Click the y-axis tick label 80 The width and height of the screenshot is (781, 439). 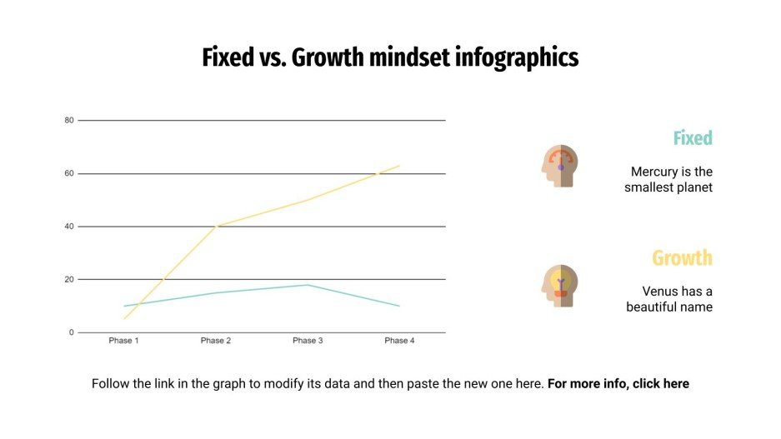(x=69, y=121)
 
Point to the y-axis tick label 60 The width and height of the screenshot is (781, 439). (x=69, y=174)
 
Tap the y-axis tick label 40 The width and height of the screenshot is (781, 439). (x=69, y=227)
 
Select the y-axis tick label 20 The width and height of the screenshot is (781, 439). (x=69, y=280)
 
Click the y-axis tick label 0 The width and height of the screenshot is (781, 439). (x=72, y=332)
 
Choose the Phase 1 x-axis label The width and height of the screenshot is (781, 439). (x=124, y=341)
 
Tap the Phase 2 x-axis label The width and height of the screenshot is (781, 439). (x=216, y=341)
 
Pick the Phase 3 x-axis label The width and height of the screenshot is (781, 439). (x=308, y=341)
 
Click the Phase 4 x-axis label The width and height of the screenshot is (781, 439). (x=399, y=341)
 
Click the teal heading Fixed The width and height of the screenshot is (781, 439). (x=693, y=138)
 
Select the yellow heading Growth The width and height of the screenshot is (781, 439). (x=682, y=258)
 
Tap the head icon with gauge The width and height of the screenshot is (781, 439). (x=559, y=165)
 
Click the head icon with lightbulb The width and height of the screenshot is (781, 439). (x=559, y=286)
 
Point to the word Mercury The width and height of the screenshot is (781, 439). (x=654, y=172)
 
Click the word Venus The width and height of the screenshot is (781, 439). (x=660, y=292)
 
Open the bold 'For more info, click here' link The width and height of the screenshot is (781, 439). (x=618, y=384)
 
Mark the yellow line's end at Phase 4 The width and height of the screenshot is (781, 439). (x=399, y=166)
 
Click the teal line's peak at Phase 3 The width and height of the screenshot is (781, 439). (x=308, y=285)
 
